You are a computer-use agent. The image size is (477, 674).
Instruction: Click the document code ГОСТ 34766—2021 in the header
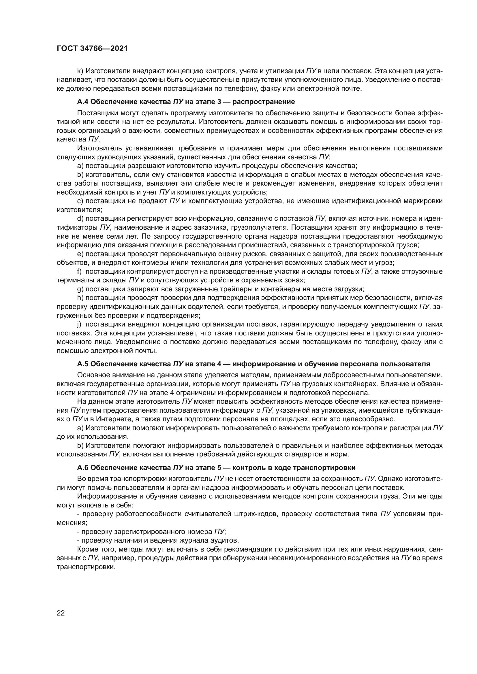pyautogui.click(x=92, y=49)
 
